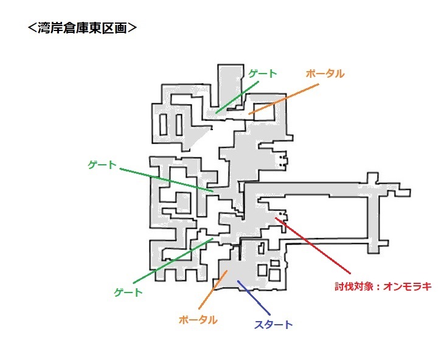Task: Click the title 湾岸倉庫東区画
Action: pos(81,29)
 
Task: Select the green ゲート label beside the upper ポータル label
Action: pos(263,74)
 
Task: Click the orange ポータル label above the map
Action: pos(325,74)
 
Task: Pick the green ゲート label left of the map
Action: pos(102,164)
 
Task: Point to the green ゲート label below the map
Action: pos(128,292)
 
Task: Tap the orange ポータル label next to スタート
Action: pos(198,319)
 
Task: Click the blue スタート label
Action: pos(272,324)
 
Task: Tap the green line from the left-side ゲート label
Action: pos(164,178)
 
